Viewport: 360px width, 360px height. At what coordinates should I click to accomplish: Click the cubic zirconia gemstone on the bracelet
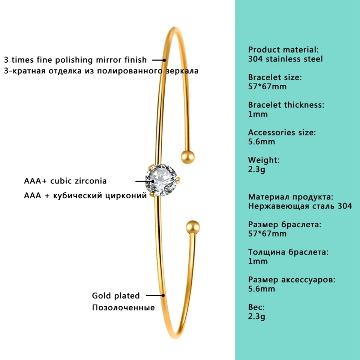tap(162, 181)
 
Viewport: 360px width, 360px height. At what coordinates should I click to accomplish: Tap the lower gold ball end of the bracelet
tap(193, 227)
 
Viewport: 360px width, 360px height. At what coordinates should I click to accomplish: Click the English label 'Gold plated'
tap(116, 296)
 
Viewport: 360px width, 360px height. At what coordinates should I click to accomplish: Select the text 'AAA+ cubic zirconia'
tap(65, 181)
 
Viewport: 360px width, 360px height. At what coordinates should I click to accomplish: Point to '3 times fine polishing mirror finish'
tap(75, 60)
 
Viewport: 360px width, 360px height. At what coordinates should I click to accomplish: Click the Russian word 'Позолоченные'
tap(123, 308)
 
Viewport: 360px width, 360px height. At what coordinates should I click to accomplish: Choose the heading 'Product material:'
tap(283, 49)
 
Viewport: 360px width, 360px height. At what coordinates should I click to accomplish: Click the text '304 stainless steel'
tap(285, 59)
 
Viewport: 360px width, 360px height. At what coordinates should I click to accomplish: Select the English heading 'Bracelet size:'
tap(275, 77)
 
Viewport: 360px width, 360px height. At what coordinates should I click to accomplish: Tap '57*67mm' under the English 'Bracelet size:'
tap(267, 87)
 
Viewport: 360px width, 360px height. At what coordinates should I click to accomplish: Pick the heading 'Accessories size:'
tap(282, 132)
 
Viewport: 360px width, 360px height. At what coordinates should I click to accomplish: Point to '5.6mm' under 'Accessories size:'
tap(262, 142)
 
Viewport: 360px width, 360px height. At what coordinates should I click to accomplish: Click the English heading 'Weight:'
tap(264, 160)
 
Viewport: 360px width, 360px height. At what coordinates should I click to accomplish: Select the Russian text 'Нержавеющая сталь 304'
tap(300, 206)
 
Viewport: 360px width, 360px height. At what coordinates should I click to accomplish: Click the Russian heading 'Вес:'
tap(256, 307)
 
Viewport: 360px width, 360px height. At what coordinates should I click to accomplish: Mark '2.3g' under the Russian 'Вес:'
tap(257, 316)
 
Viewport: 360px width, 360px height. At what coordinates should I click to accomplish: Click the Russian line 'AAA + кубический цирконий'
tap(85, 195)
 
